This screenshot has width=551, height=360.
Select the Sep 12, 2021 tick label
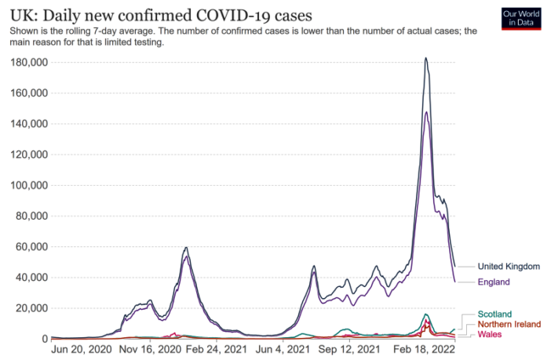(350, 351)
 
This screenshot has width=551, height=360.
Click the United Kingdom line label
(509, 267)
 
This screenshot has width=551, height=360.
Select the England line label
(494, 282)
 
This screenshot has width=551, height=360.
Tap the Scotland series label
(494, 315)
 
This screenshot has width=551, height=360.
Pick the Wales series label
(490, 333)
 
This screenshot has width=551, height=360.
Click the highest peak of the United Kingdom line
(425, 57)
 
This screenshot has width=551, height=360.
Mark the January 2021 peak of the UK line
(186, 248)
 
